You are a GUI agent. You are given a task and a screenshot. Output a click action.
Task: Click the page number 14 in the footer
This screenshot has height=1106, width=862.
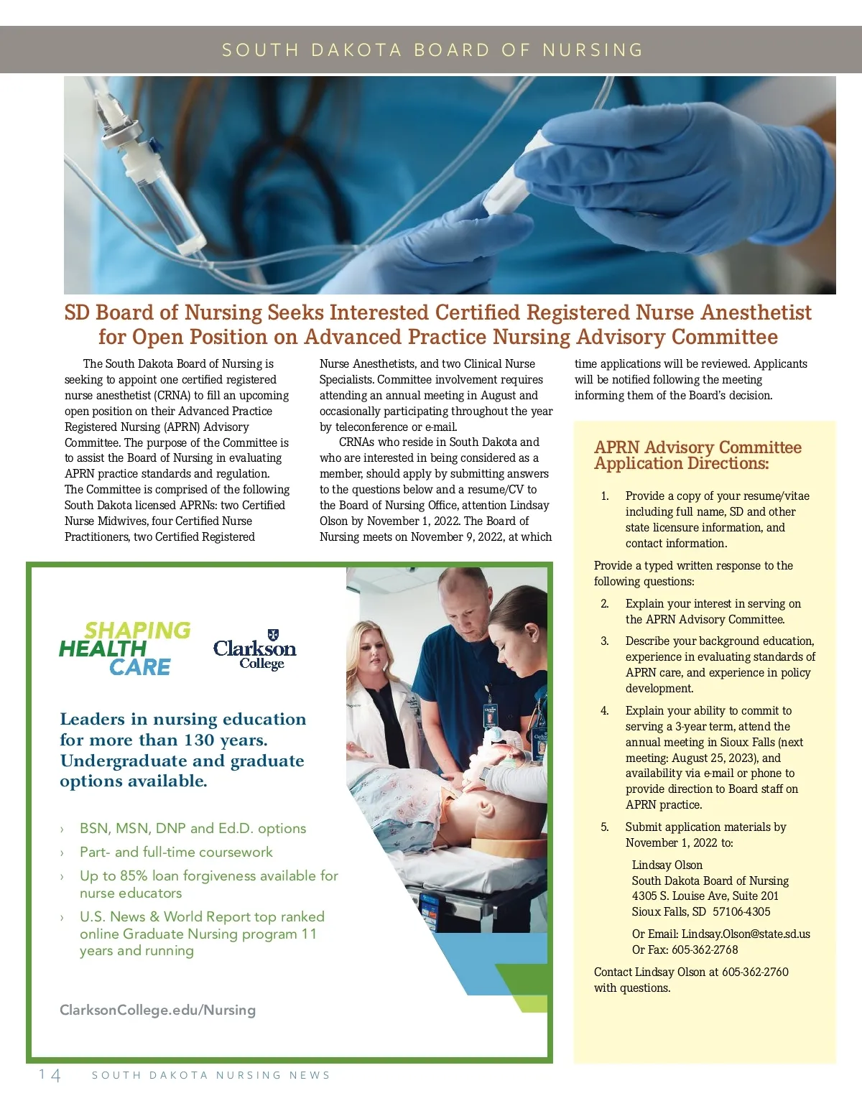tap(50, 1074)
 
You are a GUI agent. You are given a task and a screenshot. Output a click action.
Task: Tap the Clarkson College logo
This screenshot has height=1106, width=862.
tap(255, 649)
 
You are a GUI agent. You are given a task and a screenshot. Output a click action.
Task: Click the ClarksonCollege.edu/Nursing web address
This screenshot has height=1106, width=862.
tap(157, 1010)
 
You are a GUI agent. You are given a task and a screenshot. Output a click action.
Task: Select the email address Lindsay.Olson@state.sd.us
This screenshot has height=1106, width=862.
tap(746, 934)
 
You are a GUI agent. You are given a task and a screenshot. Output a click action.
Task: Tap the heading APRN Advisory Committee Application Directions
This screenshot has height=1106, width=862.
tap(698, 455)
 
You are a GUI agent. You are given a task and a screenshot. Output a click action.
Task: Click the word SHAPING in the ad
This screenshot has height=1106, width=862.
tap(137, 630)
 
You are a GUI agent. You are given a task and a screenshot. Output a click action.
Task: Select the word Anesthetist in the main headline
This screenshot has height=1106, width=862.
tap(756, 312)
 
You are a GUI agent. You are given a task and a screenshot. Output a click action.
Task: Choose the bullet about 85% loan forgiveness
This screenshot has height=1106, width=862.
tap(208, 884)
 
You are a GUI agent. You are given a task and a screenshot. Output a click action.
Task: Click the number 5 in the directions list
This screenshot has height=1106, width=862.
tap(605, 827)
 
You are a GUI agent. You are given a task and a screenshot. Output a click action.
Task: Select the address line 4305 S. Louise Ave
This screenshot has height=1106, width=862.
tap(705, 896)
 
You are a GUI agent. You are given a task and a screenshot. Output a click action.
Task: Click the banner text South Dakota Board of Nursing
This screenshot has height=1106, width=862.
tap(432, 50)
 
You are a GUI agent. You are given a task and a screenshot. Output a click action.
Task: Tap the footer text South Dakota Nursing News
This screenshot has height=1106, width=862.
tap(211, 1075)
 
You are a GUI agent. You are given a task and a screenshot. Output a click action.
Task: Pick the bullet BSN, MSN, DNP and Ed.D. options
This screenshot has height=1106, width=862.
tap(193, 828)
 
